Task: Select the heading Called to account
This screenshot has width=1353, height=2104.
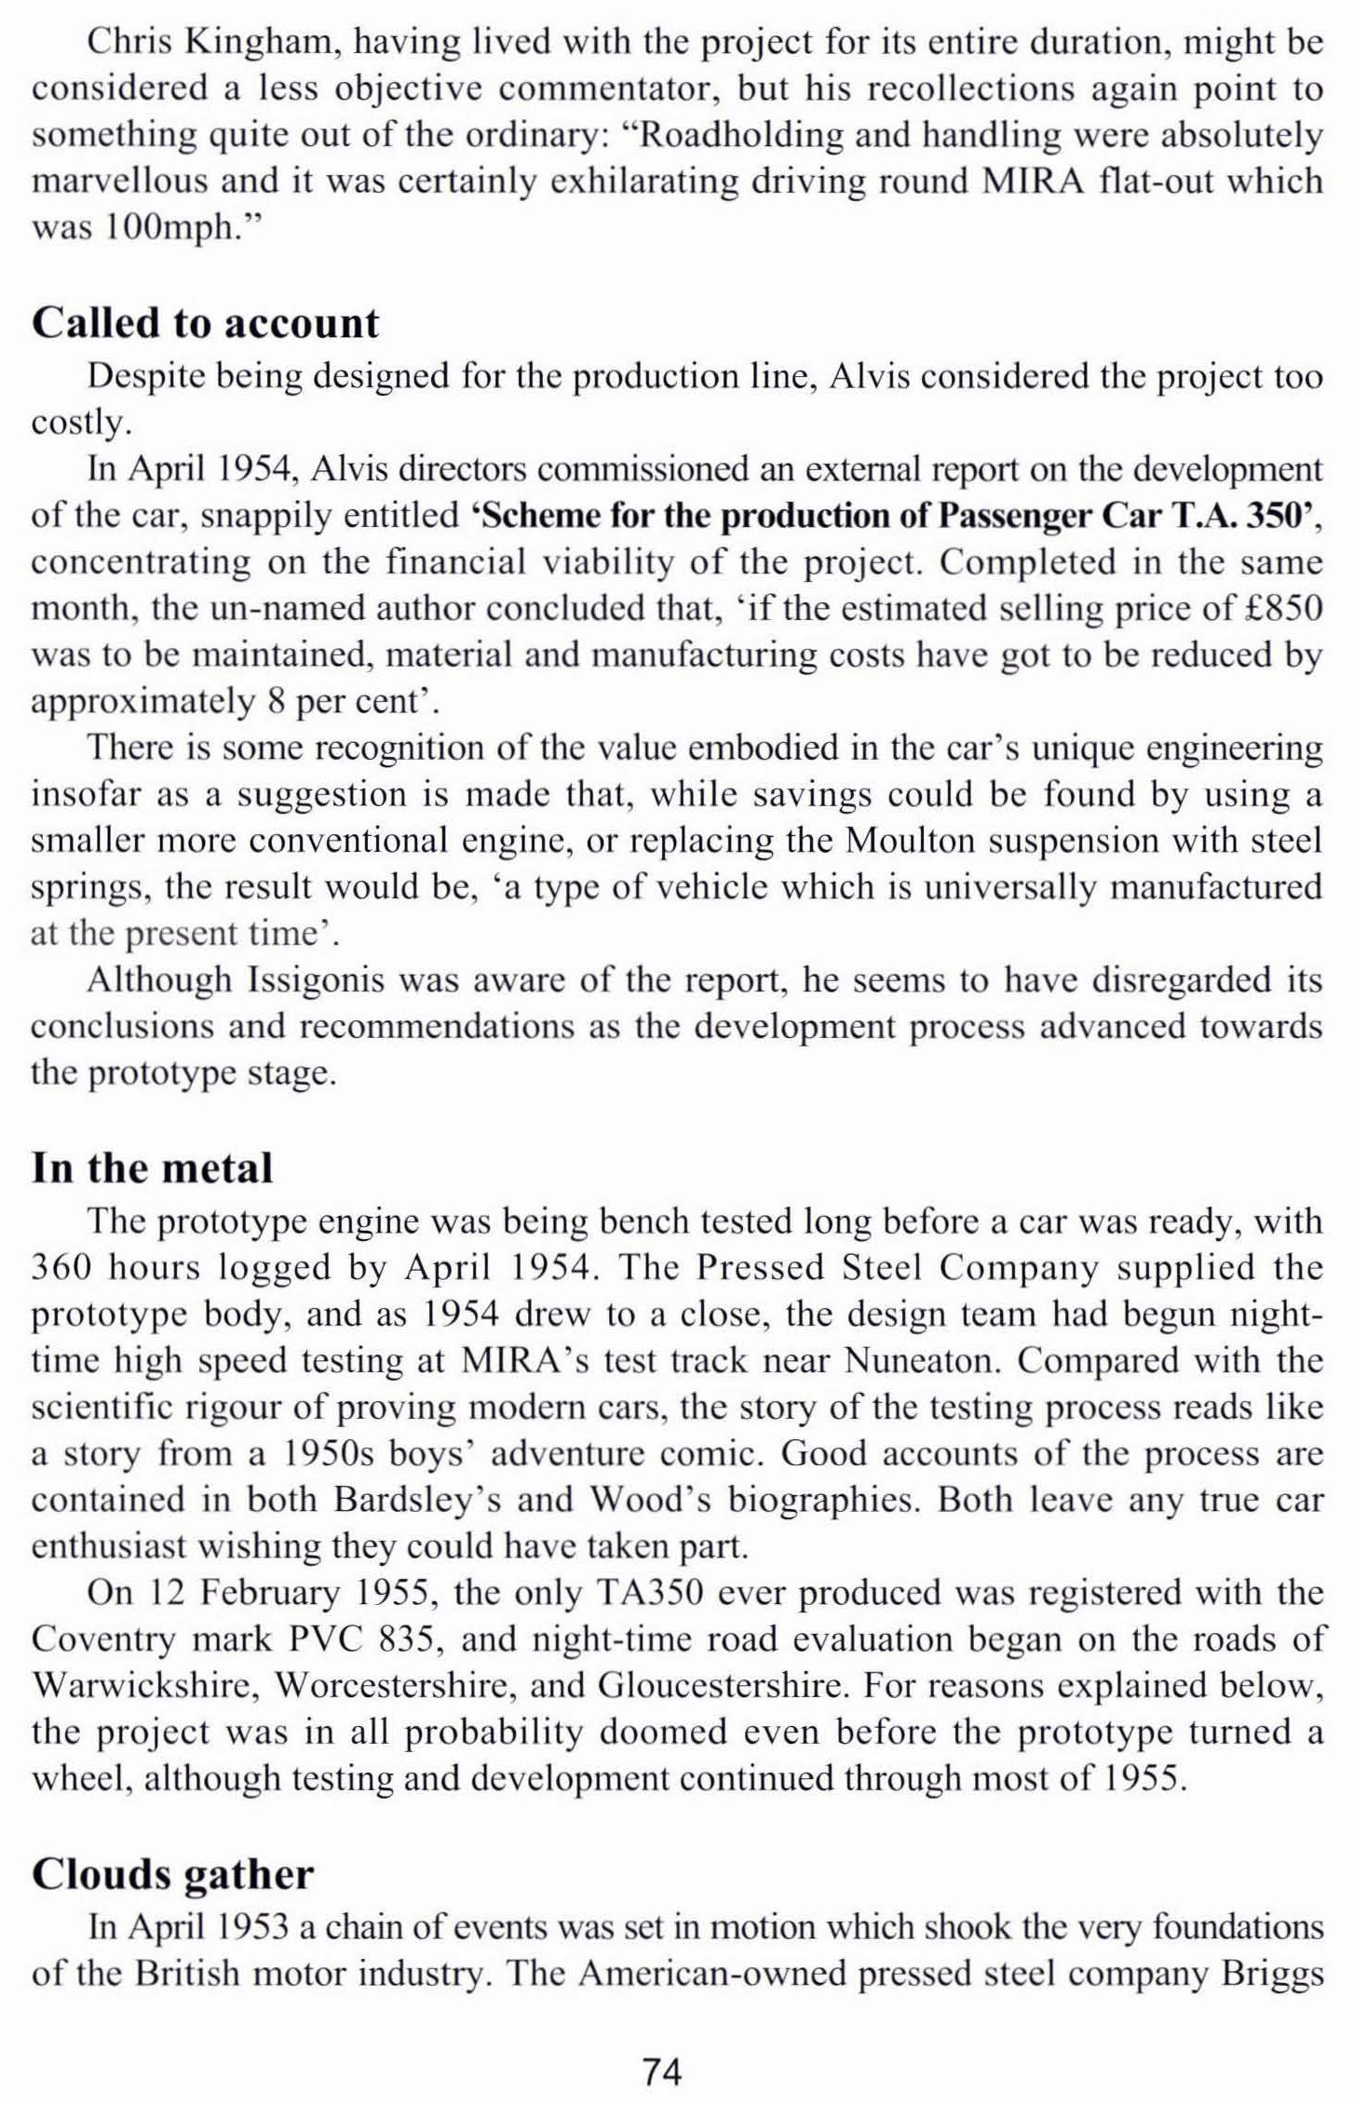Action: click(x=206, y=323)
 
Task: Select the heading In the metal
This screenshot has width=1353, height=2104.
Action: click(x=153, y=1167)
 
